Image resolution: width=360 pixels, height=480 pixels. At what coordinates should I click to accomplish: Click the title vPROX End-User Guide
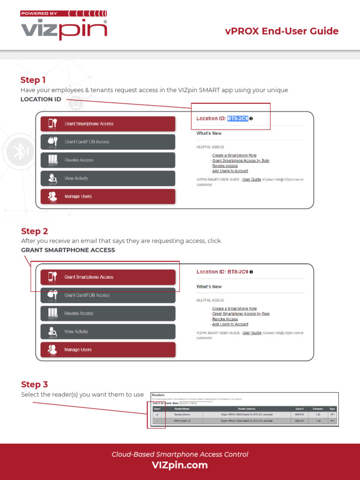click(x=281, y=31)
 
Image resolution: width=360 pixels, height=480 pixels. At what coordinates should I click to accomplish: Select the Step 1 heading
click(x=33, y=80)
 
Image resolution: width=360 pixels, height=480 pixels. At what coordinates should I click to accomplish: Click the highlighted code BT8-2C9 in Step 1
click(x=238, y=119)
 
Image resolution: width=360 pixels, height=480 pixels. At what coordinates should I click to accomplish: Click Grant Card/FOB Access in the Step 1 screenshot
click(x=108, y=142)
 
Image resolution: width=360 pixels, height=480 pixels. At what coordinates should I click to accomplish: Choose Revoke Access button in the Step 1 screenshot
click(x=108, y=160)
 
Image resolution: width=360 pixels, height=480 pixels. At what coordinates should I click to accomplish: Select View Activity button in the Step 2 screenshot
click(x=108, y=332)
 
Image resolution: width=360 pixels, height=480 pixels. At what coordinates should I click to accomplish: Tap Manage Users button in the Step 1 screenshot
click(x=108, y=196)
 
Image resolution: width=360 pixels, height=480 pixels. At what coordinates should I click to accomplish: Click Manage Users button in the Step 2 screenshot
click(x=108, y=350)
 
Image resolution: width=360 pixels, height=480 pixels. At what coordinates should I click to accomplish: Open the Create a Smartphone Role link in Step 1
click(x=234, y=155)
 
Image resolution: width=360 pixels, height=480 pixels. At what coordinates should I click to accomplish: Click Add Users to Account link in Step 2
click(x=230, y=324)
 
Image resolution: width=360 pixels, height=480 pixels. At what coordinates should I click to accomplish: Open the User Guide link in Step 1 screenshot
click(x=252, y=180)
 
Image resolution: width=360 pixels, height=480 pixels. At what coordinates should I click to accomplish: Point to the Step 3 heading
click(x=34, y=384)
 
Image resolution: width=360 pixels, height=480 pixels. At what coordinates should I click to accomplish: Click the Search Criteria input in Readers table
click(x=195, y=403)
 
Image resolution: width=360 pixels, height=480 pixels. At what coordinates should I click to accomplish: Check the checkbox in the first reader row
click(x=157, y=415)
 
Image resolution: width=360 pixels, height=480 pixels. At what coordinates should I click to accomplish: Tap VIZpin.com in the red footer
click(x=180, y=465)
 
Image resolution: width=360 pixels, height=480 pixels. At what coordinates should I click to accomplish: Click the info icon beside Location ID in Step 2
click(x=251, y=272)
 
